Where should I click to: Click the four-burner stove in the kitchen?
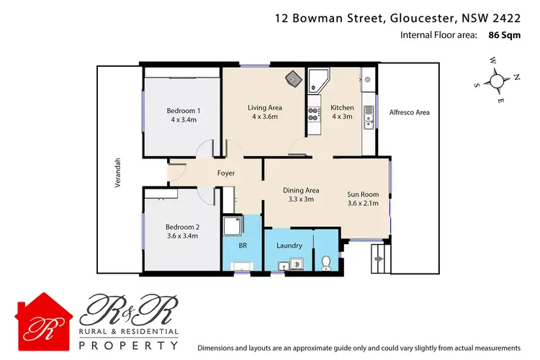click(314, 114)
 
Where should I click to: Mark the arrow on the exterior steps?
click(378, 255)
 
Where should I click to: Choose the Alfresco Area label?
click(409, 112)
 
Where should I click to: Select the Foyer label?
click(227, 173)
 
